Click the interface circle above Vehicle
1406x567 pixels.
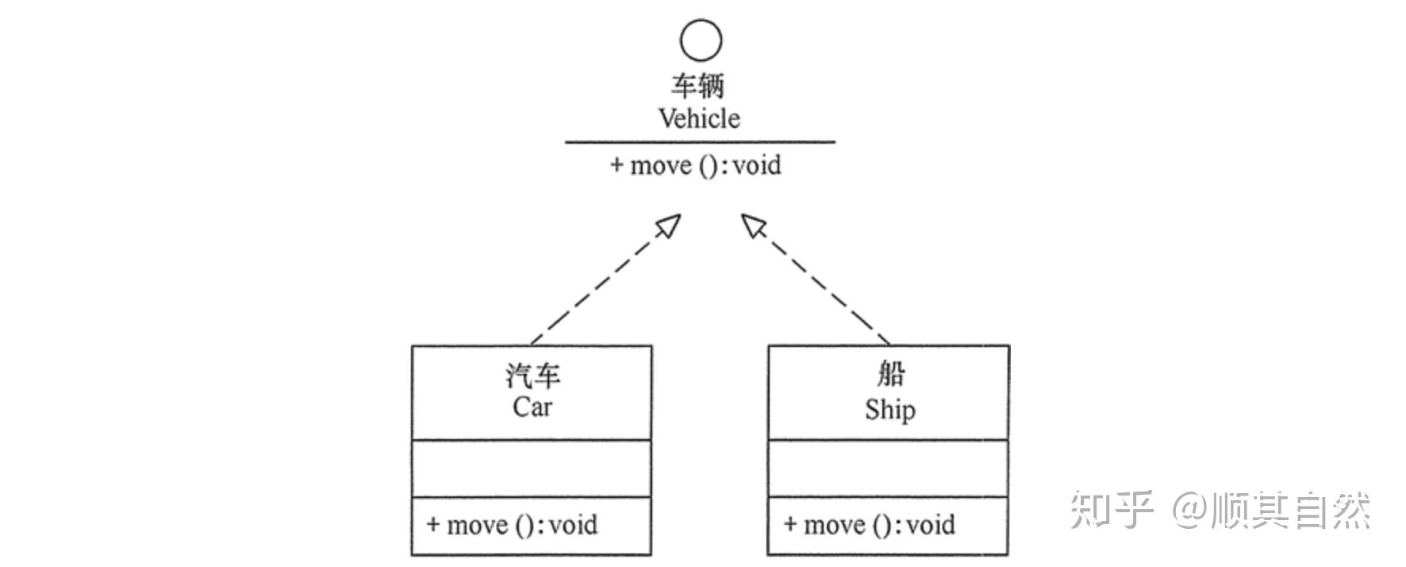(701, 40)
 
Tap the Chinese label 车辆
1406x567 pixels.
(697, 85)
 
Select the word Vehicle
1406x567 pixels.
(699, 118)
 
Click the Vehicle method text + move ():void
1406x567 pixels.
(695, 165)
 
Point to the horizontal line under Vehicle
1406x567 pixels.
(700, 143)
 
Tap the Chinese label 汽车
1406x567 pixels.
(532, 375)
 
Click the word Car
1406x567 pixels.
(532, 407)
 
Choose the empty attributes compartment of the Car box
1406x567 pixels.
(532, 469)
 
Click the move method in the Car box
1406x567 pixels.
(512, 525)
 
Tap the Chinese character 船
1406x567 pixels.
(889, 373)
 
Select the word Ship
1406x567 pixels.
(889, 410)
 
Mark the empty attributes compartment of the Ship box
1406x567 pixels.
(889, 469)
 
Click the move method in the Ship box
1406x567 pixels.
(869, 525)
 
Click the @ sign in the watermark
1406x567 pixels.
(1189, 510)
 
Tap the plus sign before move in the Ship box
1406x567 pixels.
(790, 524)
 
